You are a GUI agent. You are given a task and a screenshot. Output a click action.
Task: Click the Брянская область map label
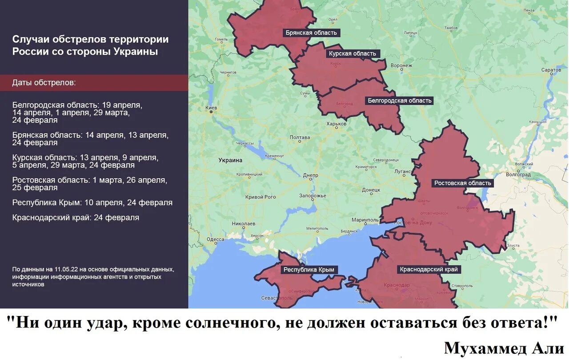pyautogui.click(x=312, y=33)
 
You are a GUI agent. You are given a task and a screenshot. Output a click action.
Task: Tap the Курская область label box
pyautogui.click(x=352, y=54)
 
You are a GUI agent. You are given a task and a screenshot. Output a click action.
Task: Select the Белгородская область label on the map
pyautogui.click(x=399, y=100)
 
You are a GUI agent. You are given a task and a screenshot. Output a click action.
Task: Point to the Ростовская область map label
pyautogui.click(x=462, y=183)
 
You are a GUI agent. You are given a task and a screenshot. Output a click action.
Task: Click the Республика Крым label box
pyautogui.click(x=309, y=270)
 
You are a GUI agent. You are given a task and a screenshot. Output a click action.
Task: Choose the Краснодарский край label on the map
pyautogui.click(x=428, y=269)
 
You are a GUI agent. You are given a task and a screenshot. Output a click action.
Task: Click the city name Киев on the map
pyautogui.click(x=212, y=108)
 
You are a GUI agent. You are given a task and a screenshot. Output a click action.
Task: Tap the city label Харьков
pyautogui.click(x=336, y=124)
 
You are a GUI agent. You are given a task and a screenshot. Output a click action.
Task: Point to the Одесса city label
pyautogui.click(x=216, y=239)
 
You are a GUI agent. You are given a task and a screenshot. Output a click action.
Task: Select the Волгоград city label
pyautogui.click(x=518, y=175)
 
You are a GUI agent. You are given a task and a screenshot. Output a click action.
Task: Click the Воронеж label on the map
pyautogui.click(x=401, y=66)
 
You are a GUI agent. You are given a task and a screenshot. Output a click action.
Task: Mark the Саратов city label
pyautogui.click(x=551, y=70)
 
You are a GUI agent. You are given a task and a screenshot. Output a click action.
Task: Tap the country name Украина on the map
pyautogui.click(x=230, y=160)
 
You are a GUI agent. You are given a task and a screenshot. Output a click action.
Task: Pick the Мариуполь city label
pyautogui.click(x=365, y=220)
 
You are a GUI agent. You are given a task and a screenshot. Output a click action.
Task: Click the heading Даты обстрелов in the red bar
pyautogui.click(x=44, y=83)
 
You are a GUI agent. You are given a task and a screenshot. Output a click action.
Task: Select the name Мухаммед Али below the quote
pyautogui.click(x=504, y=348)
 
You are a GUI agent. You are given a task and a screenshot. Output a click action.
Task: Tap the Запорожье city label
pyautogui.click(x=313, y=196)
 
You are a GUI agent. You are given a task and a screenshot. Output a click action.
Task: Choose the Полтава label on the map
pyautogui.click(x=300, y=137)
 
